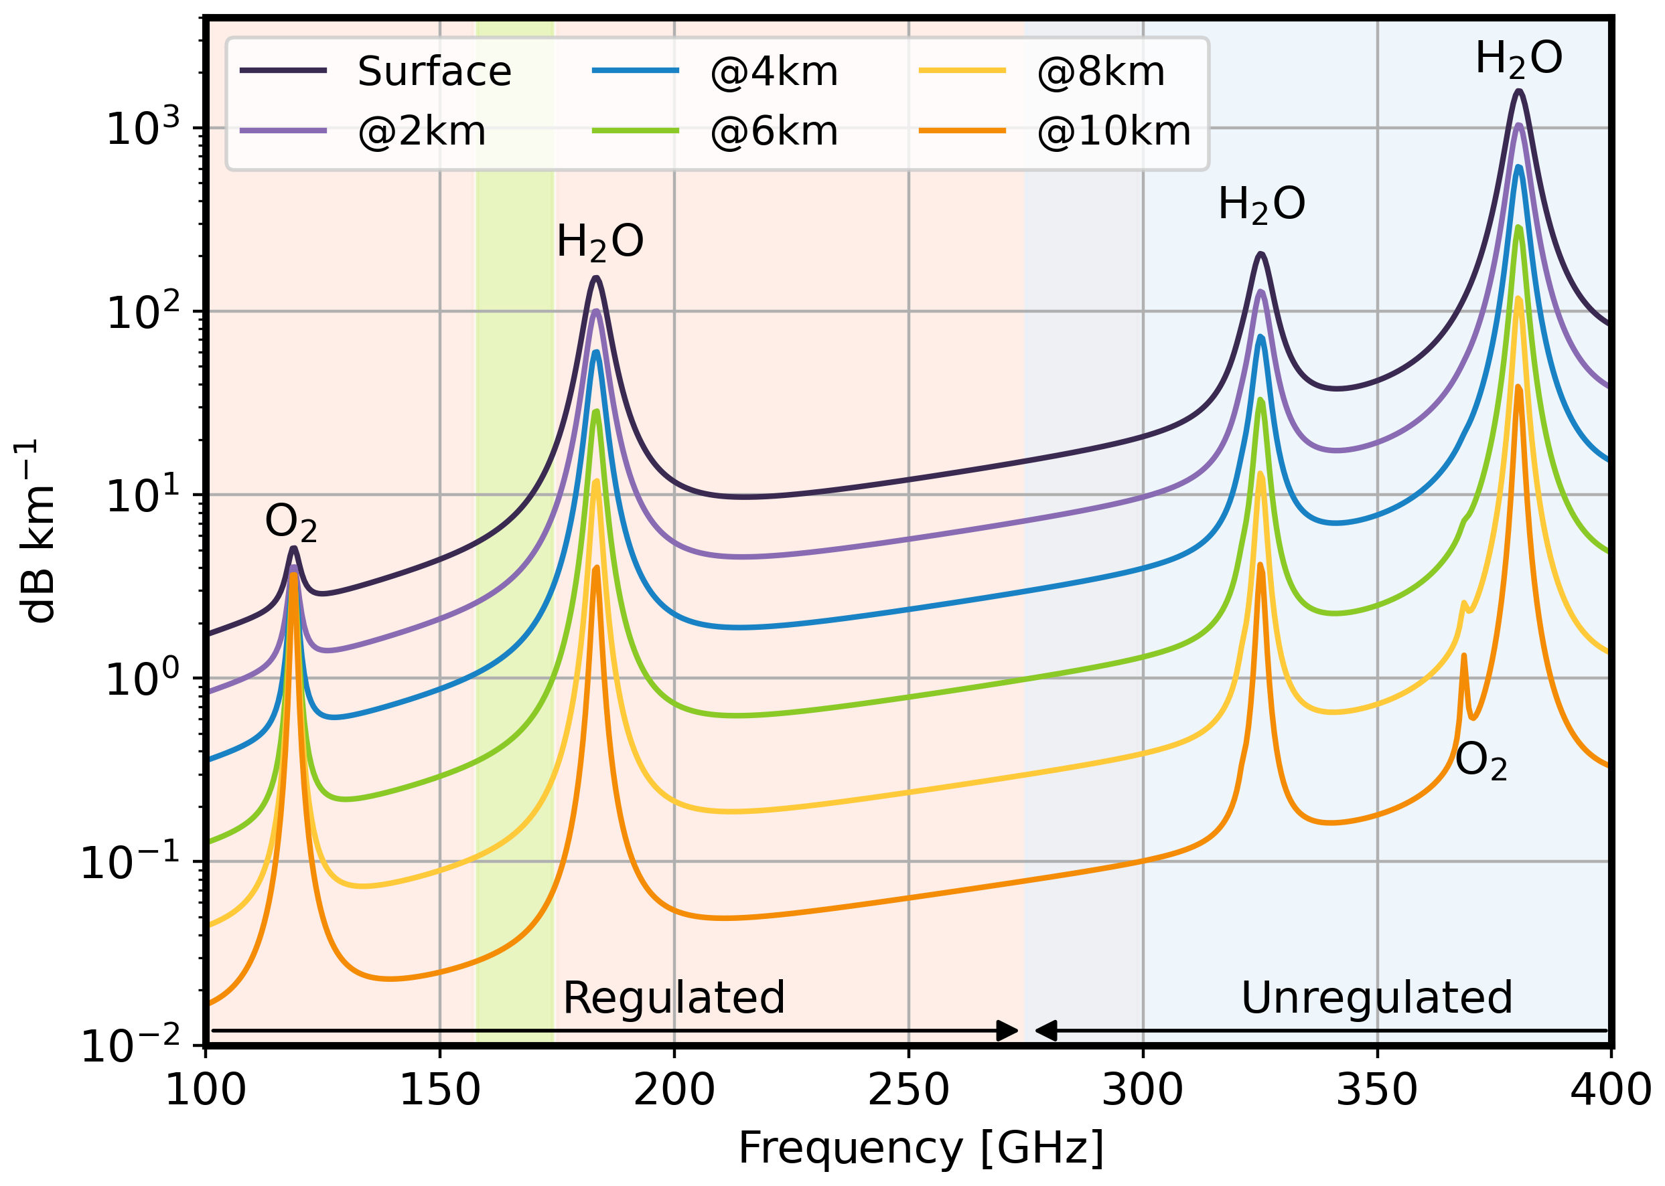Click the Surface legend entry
pyautogui.click(x=434, y=72)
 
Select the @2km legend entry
pyautogui.click(x=421, y=131)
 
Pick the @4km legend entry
pyautogui.click(x=774, y=72)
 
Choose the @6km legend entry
pyautogui.click(x=774, y=131)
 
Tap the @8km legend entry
pyautogui.click(x=1100, y=72)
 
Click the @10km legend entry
pyautogui.click(x=1113, y=131)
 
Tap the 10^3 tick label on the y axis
pyautogui.click(x=143, y=128)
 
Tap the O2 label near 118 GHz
pyautogui.click(x=291, y=523)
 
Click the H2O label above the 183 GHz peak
pyautogui.click(x=600, y=242)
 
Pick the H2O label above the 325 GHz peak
pyautogui.click(x=1261, y=205)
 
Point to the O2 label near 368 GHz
pyautogui.click(x=1481, y=762)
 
